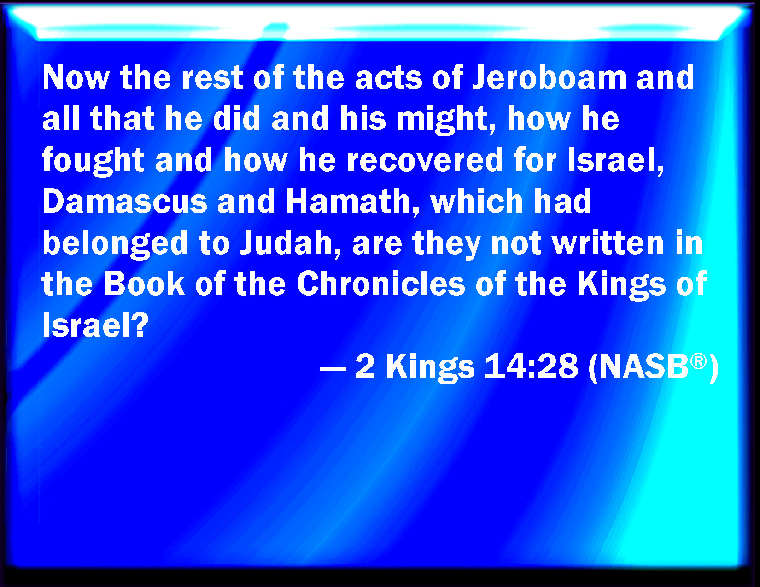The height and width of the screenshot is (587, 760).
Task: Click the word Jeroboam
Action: pos(549,77)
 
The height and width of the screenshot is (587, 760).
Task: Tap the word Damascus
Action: pos(125,201)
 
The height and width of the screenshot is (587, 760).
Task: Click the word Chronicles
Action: pos(381,284)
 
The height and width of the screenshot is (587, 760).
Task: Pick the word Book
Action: pos(144,284)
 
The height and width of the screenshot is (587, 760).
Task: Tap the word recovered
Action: pos(425,160)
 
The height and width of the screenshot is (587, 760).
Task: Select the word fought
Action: pos(93,161)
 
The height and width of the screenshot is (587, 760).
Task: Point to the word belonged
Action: pos(116,244)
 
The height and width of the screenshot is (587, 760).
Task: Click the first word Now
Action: pos(76,78)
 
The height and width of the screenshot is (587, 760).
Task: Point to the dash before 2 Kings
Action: pos(333,368)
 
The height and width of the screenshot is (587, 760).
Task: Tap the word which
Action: pos(477,201)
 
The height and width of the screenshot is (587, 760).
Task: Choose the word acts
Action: pos(388,78)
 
